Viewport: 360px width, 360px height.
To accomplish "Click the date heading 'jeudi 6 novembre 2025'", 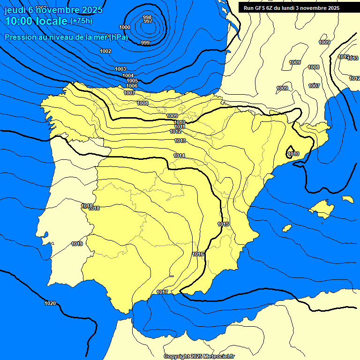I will tap(53, 10).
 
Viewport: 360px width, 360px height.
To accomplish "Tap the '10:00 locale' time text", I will tap(36, 21).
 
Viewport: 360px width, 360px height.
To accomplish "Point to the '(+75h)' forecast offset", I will tap(81, 21).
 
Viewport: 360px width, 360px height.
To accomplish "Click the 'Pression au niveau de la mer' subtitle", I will tap(66, 37).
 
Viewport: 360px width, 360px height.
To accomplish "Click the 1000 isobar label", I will tap(125, 27).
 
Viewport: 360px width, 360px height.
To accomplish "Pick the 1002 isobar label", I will tap(105, 51).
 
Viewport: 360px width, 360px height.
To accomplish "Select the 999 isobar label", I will tap(145, 43).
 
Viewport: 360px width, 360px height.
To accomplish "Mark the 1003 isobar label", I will tap(120, 69).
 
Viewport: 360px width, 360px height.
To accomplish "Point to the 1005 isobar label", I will tap(132, 81).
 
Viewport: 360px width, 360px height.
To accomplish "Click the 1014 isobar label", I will tap(179, 156).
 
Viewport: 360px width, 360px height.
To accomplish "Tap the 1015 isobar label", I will tap(223, 224).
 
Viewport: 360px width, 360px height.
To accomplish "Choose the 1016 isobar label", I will tap(198, 254).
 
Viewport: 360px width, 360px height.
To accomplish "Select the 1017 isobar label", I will tap(162, 292).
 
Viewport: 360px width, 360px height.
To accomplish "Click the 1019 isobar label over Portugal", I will tap(77, 244).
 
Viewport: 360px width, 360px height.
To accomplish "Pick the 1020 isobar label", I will tap(50, 303).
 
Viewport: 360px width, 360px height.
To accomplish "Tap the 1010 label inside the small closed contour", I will tap(293, 154).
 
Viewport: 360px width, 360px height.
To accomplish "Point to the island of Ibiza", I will tap(287, 228).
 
